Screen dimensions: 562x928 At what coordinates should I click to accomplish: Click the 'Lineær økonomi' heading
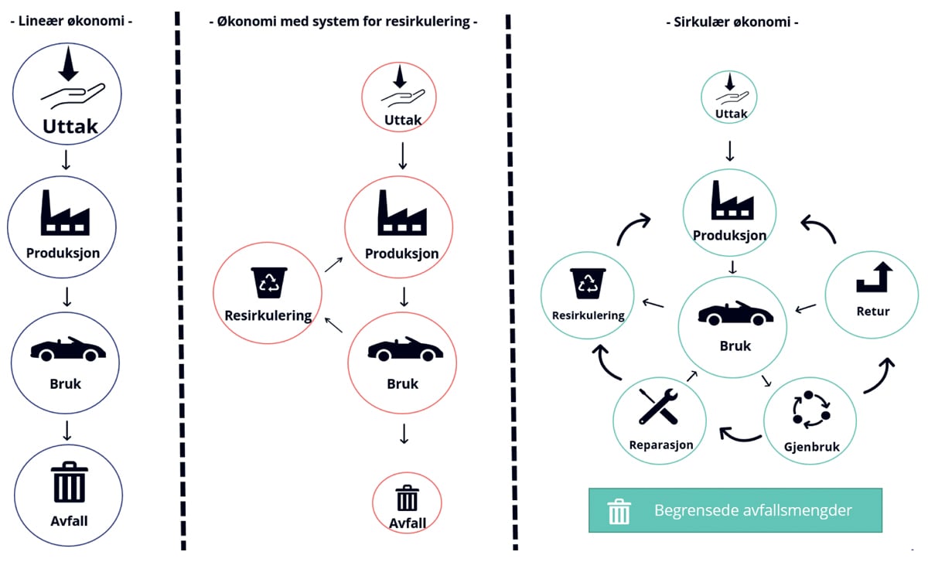coord(71,21)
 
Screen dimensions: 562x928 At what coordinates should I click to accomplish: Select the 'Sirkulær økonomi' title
coord(732,22)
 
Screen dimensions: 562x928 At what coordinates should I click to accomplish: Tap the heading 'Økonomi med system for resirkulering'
coord(343,22)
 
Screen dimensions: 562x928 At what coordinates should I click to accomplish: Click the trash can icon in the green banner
coord(619,511)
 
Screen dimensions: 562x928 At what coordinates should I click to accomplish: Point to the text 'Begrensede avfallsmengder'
coord(753,510)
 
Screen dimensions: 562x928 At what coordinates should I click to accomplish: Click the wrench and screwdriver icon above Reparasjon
coord(659,407)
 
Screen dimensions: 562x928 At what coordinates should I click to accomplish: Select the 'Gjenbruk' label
coord(811,447)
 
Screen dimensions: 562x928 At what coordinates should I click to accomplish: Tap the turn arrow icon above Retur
coord(874,277)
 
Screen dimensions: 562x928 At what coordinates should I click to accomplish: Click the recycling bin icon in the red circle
coord(268,282)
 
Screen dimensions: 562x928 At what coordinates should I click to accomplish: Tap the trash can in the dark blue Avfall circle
coord(69,482)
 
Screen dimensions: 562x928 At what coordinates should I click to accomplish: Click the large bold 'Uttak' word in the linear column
coord(70,125)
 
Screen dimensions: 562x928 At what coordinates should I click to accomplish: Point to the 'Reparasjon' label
coord(661,444)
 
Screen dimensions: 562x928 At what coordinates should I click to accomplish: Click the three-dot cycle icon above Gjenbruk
coord(811,410)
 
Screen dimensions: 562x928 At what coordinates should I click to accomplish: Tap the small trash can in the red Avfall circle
coord(407,499)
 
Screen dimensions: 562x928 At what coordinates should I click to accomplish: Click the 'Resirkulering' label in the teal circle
coord(589,315)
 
